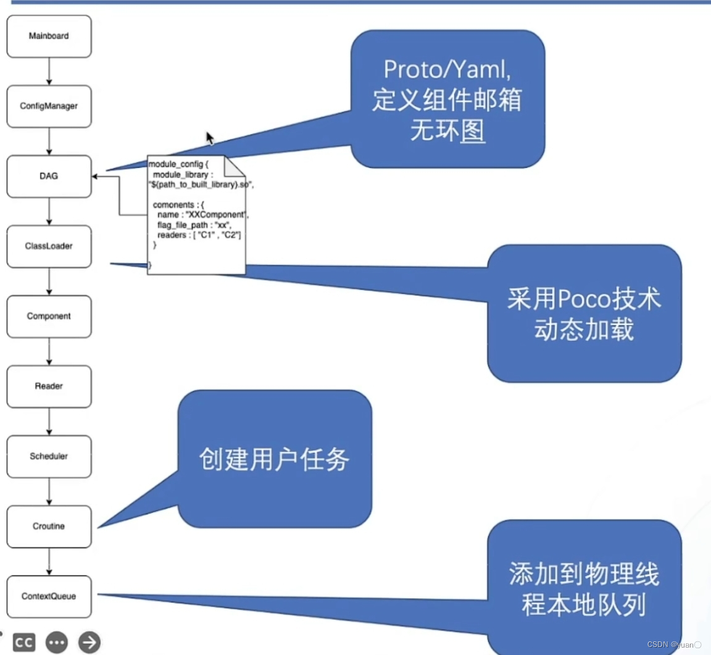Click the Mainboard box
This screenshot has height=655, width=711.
(49, 36)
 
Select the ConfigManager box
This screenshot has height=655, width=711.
(49, 106)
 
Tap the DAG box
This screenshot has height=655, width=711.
(49, 177)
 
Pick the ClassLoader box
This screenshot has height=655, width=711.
(49, 246)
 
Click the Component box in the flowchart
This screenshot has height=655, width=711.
(49, 316)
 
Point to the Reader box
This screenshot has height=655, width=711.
(49, 386)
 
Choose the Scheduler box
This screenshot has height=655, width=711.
(49, 456)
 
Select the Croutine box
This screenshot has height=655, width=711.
(49, 527)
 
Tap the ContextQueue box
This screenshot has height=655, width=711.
(49, 596)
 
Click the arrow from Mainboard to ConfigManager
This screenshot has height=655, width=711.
(49, 72)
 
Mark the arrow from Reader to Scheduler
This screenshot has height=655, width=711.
(49, 422)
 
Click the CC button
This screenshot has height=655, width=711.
(23, 643)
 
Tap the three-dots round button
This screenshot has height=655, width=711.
(57, 643)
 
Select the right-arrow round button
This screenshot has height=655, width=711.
(89, 643)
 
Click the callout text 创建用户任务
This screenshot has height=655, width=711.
(274, 459)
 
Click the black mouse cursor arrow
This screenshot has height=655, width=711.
(210, 138)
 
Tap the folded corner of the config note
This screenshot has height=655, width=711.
(235, 165)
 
